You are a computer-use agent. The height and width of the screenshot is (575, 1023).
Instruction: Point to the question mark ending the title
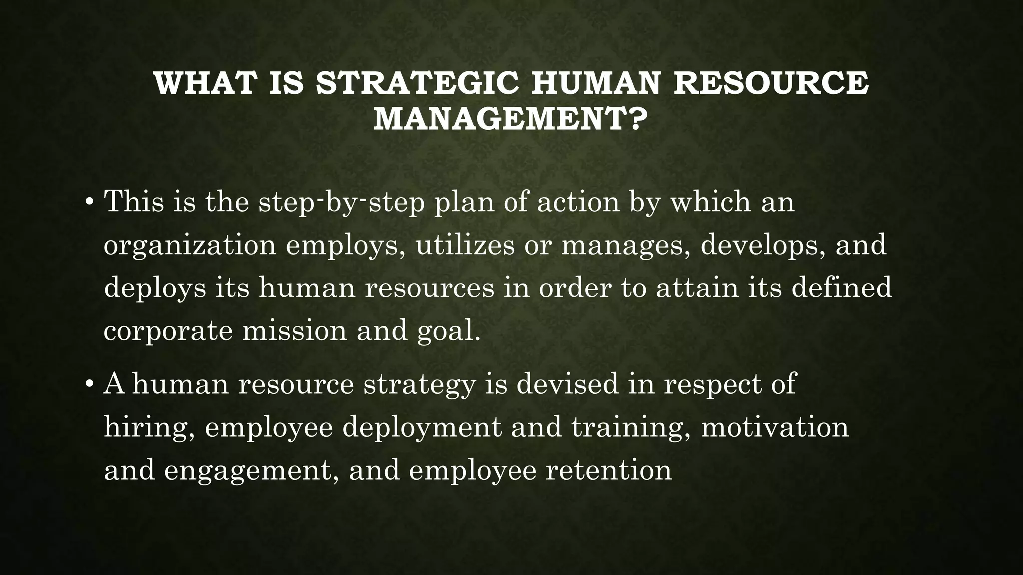point(630,120)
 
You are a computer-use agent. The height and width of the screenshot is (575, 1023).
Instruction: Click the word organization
point(190,246)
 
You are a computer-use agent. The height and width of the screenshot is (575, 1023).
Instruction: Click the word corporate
point(168,331)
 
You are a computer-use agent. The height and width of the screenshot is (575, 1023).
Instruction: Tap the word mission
point(294,330)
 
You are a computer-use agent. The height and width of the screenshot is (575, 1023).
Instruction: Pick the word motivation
point(775,428)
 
